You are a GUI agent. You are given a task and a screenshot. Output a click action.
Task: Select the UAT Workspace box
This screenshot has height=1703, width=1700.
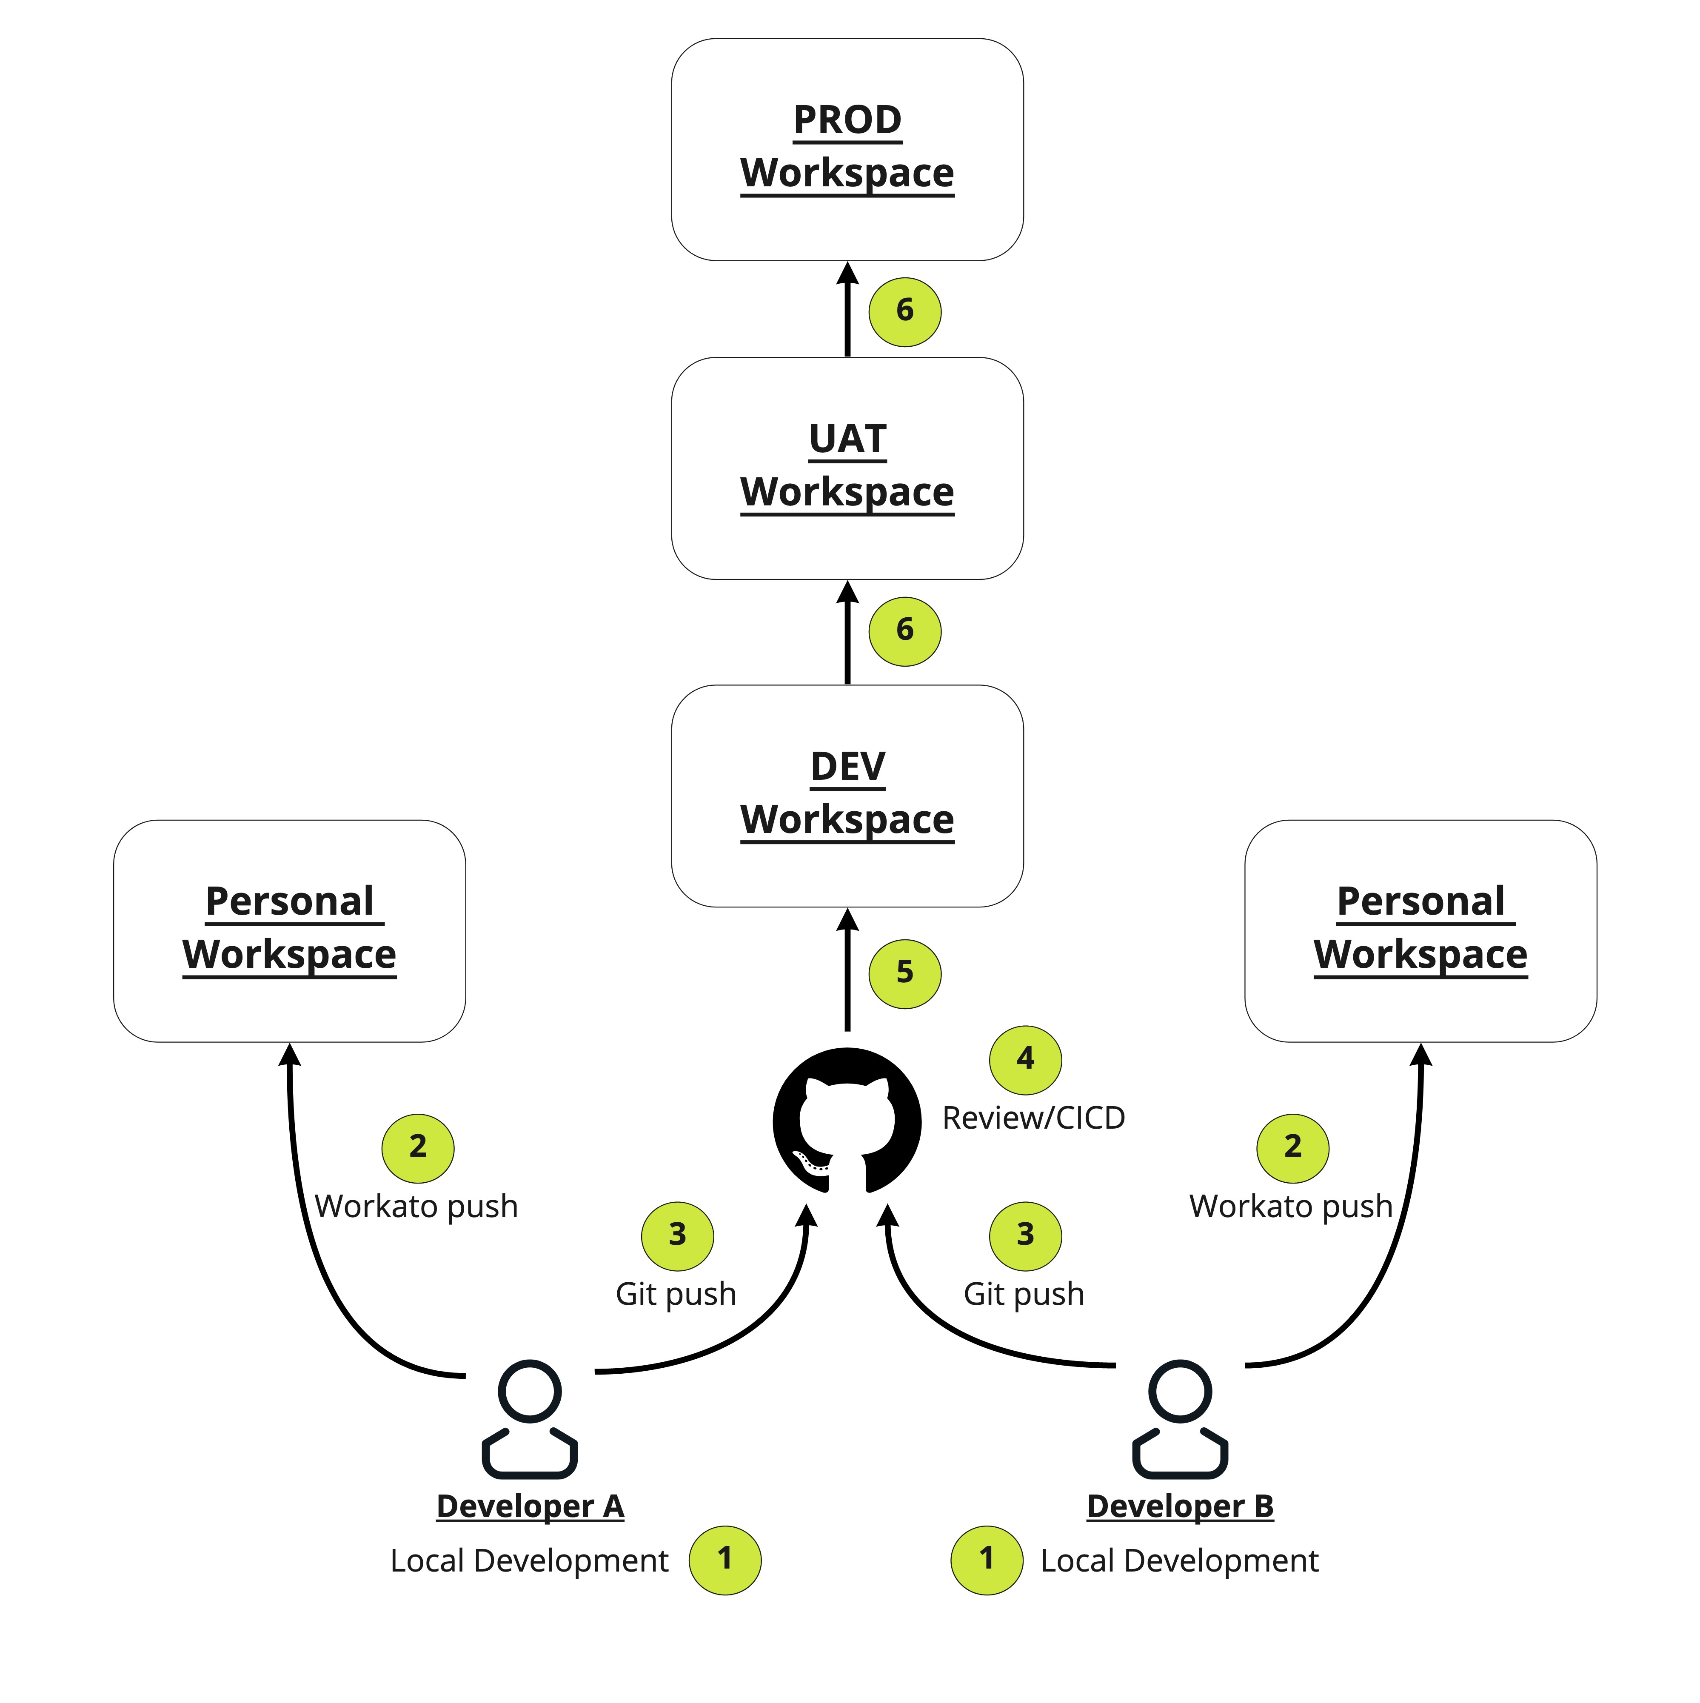847,468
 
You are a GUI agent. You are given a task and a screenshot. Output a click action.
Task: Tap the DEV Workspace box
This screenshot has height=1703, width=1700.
847,796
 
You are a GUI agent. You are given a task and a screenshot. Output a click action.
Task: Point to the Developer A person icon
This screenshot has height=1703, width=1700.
530,1419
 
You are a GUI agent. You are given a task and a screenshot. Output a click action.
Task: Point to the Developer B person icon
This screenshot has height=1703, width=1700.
1180,1419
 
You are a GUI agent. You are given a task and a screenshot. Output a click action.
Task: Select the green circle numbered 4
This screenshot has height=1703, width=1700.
1026,1059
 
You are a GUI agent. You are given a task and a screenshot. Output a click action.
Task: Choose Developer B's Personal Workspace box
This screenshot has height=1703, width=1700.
1420,931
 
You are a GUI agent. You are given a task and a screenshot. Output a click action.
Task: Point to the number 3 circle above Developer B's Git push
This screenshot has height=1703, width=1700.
1026,1236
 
